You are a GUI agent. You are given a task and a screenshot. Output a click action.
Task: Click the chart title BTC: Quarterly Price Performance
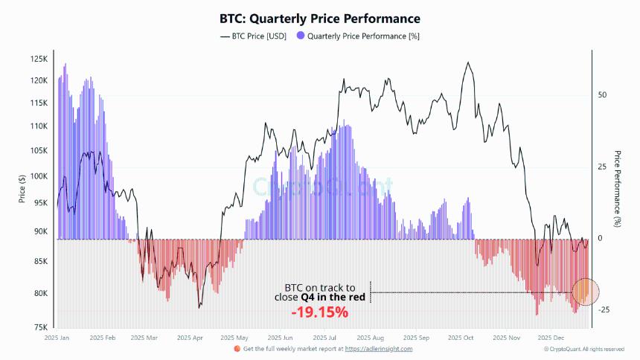pyautogui.click(x=319, y=18)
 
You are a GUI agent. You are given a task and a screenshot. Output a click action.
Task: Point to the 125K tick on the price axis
pyautogui.click(x=39, y=59)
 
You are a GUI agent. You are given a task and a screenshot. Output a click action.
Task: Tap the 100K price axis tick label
pyautogui.click(x=39, y=177)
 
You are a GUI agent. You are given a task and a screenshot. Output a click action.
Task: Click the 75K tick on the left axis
pyautogui.click(x=40, y=327)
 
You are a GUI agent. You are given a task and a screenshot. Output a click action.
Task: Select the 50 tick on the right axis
pyautogui.click(x=603, y=95)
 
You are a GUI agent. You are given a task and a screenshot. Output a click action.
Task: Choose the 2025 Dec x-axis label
pyautogui.click(x=552, y=337)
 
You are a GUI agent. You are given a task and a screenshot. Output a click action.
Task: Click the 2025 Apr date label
pyautogui.click(x=191, y=337)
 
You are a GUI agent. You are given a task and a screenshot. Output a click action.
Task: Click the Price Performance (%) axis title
pyautogui.click(x=618, y=189)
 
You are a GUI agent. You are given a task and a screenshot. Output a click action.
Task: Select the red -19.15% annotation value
pyautogui.click(x=319, y=312)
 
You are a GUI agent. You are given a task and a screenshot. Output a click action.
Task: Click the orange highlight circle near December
pyautogui.click(x=584, y=292)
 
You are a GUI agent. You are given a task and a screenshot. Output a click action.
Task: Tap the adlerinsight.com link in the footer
pyautogui.click(x=378, y=348)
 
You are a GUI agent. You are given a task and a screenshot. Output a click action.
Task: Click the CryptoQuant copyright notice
pyautogui.click(x=583, y=349)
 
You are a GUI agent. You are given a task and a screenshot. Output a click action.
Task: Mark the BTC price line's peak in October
pyautogui.click(x=468, y=62)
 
